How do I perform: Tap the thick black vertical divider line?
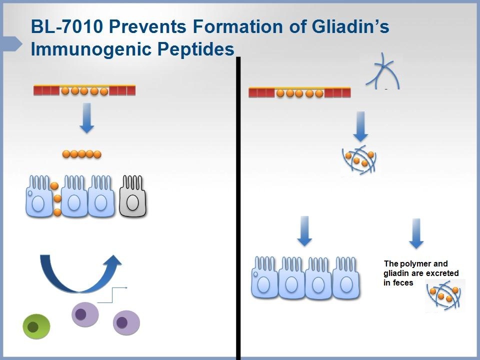point(238,210)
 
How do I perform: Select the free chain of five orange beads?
point(82,154)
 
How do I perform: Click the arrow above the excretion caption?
point(416,233)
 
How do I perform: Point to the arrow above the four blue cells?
point(304,230)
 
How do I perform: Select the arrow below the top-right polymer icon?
point(361,126)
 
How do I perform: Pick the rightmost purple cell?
point(126,322)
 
